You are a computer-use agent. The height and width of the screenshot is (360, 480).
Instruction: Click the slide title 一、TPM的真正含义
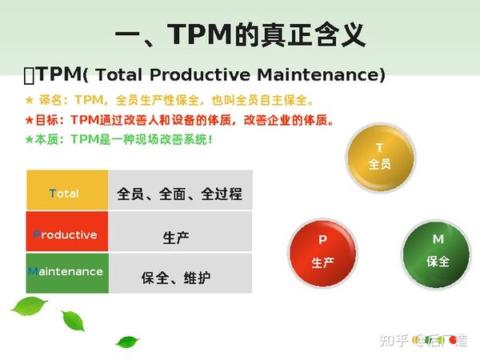point(240,34)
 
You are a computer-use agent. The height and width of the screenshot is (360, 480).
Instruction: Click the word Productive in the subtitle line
point(200,75)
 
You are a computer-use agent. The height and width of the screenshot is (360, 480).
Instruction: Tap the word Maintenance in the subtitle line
point(321,75)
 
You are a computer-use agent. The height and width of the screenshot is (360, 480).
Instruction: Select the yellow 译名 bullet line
point(170,100)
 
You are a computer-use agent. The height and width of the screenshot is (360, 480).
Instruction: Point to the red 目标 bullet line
point(179,120)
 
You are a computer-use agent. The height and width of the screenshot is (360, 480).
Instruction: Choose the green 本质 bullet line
point(118,139)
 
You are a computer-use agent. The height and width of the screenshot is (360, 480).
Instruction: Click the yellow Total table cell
point(67,190)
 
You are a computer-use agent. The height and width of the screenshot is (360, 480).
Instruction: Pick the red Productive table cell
point(67,231)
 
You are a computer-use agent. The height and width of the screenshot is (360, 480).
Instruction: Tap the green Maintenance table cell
point(67,273)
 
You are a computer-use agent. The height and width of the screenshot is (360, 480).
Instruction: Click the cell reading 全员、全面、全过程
point(180,190)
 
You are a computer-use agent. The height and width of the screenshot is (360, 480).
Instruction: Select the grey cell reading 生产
point(180,231)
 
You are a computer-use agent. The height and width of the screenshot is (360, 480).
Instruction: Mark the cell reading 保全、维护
point(180,273)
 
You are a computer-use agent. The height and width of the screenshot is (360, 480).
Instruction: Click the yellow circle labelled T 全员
point(381,158)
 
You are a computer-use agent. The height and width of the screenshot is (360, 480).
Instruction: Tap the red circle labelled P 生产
point(323,253)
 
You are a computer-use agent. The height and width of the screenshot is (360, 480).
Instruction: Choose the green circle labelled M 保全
point(436,254)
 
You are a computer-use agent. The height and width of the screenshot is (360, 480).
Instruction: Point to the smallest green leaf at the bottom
point(127,342)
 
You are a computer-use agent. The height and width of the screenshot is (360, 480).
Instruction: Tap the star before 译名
point(30,100)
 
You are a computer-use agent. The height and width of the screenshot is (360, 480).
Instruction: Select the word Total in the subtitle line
point(118,75)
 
